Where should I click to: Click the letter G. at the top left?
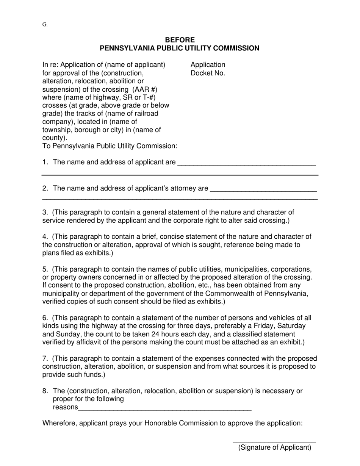point(45,25)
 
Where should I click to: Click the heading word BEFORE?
point(180,40)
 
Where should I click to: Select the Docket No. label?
point(208,73)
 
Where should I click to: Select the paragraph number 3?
point(45,212)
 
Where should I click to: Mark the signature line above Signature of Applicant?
point(274,442)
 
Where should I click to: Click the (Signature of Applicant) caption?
point(275,447)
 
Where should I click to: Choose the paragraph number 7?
point(45,358)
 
